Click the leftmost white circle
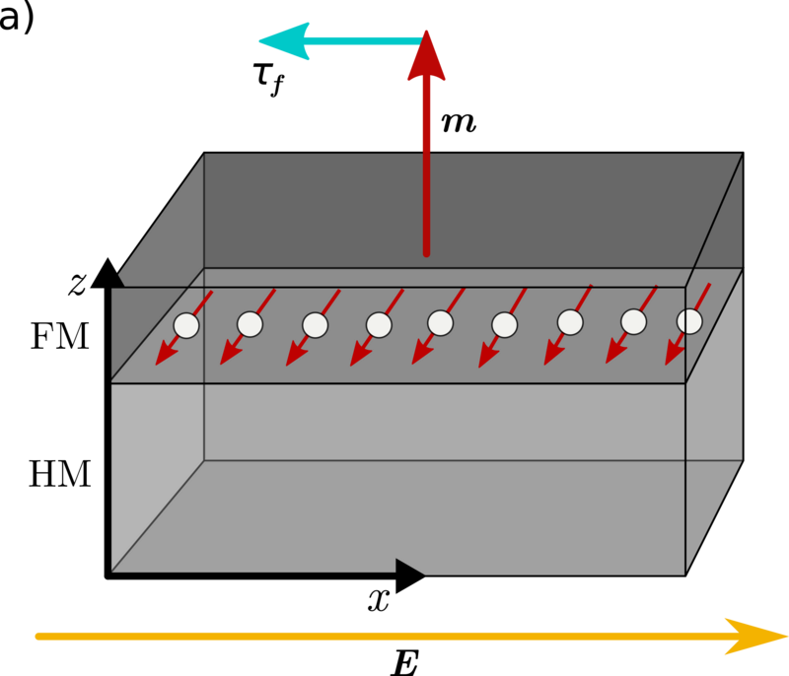186,325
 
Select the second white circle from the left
250,324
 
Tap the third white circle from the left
315,325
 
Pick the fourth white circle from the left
379,325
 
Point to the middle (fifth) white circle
441,323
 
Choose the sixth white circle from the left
504,325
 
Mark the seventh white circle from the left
570,322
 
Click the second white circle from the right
634,322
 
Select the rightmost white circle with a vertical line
689,321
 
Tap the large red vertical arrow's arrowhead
426,57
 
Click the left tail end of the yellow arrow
37,637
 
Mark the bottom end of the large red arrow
426,253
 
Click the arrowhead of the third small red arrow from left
294,356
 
